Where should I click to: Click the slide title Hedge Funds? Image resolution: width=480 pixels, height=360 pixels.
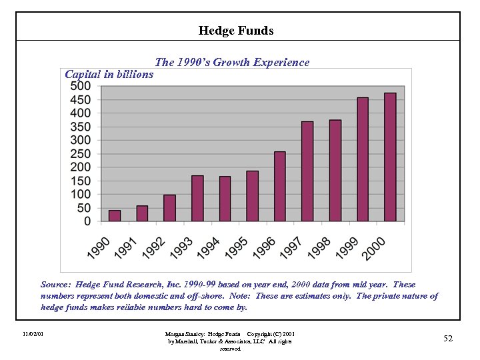236,31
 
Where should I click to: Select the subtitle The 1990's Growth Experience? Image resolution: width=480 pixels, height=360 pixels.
232,62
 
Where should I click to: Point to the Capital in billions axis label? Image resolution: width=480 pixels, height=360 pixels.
109,74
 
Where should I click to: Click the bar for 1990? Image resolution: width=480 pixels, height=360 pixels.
115,215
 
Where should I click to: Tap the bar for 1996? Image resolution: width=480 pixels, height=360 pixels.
280,186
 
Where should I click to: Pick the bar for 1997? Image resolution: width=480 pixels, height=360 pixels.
307,171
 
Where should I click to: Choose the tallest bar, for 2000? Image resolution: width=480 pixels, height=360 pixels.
390,157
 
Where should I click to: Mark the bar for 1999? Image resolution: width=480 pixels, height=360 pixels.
363,159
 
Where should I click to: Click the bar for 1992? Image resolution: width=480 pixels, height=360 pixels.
170,207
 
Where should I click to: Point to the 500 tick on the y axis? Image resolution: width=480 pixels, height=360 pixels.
81,86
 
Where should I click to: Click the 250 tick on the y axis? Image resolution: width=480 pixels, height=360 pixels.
81,153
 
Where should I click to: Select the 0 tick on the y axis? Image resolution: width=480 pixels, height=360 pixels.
88,221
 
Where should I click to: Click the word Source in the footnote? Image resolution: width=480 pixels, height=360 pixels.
56,285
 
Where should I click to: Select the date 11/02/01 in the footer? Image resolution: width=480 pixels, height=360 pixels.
32,333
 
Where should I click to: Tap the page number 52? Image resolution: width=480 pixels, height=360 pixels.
448,339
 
